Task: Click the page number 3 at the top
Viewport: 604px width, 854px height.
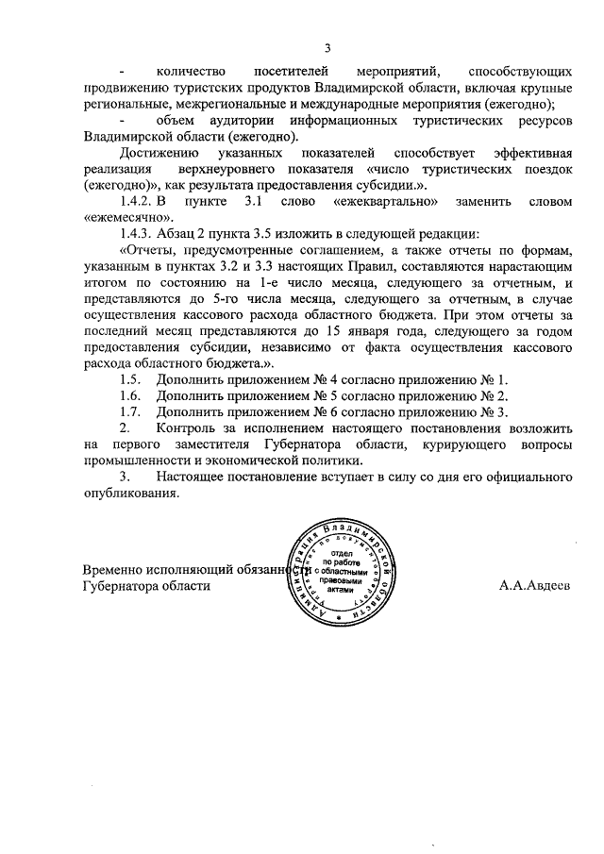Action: click(x=327, y=48)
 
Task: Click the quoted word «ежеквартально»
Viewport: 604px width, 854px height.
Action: click(x=389, y=201)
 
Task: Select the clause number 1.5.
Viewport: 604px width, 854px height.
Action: click(x=130, y=378)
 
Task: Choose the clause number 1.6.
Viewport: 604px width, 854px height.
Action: click(x=130, y=395)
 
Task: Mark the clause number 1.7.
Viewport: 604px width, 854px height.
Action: click(x=130, y=411)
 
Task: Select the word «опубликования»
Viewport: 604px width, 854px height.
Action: click(x=130, y=494)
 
